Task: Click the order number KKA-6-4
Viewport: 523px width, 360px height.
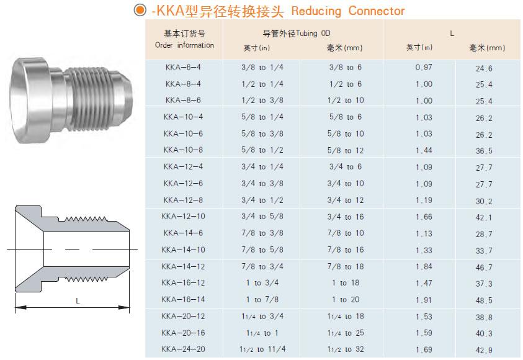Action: tap(183, 67)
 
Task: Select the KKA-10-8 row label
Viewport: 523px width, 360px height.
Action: tap(183, 150)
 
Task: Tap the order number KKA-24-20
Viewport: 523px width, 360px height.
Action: tap(183, 349)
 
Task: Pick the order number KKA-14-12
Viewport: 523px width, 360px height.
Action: tap(183, 266)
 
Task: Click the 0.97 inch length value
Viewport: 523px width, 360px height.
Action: tap(424, 67)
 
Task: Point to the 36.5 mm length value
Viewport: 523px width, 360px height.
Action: tap(484, 151)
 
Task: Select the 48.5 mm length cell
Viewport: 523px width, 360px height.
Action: tap(484, 300)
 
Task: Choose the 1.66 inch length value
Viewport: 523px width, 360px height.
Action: tap(424, 217)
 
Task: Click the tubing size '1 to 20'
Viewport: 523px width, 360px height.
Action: tap(346, 299)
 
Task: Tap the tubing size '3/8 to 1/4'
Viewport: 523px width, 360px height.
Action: tap(262, 67)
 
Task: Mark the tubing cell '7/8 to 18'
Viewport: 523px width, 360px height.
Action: tap(346, 266)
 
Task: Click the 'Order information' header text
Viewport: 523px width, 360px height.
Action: tap(184, 45)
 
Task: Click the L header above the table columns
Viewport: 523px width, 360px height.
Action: tap(452, 34)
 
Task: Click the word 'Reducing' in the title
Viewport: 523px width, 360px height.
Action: tap(316, 11)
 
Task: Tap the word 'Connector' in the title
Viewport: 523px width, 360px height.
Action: tap(376, 11)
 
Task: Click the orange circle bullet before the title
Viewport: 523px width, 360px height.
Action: tap(140, 10)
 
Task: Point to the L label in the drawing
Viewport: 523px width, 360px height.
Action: tap(78, 300)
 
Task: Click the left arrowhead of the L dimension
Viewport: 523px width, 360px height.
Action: tap(20, 307)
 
